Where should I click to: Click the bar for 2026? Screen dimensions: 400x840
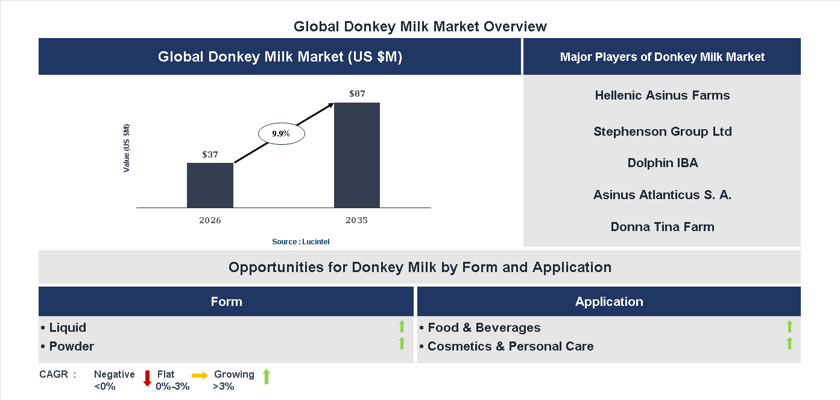pos(210,185)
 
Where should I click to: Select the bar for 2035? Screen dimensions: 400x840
pos(357,155)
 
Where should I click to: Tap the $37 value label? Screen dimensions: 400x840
pos(210,154)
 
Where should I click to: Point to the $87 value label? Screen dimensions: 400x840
pos(357,94)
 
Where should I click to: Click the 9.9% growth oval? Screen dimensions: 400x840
pos(282,134)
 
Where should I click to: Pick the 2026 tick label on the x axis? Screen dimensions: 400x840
pos(210,220)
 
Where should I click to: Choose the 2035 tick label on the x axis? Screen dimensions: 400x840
pos(357,220)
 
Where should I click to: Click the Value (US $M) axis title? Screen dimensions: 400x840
pos(127,148)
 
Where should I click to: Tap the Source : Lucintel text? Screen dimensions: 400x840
pos(301,241)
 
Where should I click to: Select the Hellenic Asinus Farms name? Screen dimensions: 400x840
pos(662,95)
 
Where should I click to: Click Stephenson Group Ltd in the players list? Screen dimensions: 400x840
pos(662,132)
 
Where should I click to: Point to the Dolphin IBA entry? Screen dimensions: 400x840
pos(662,163)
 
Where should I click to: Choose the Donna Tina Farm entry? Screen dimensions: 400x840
pos(662,227)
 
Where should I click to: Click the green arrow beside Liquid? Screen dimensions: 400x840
pos(402,327)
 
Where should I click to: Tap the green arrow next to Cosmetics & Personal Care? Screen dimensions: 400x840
pos(789,344)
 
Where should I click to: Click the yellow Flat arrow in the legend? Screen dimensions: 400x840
pos(200,375)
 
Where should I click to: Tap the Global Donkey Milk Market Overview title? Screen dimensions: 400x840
pos(420,27)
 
